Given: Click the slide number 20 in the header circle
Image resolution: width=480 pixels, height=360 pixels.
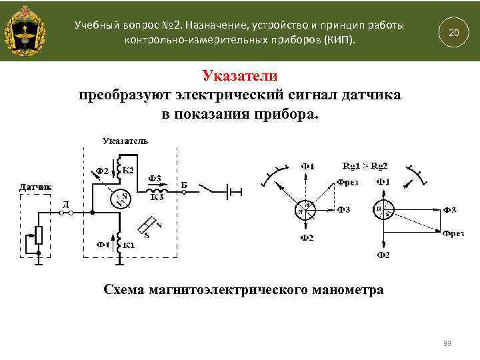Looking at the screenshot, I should tap(453, 33).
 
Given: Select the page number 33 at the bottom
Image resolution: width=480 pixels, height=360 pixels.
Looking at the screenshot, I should tap(447, 343).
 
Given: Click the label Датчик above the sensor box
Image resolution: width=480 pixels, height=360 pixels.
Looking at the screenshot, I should tap(35, 187).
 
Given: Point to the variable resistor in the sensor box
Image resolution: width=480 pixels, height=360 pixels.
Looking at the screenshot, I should tap(38, 235).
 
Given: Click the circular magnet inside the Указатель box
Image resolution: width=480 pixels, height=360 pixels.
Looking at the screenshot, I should tap(119, 198).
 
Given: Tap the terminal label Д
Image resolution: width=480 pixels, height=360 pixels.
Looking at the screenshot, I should tap(65, 203).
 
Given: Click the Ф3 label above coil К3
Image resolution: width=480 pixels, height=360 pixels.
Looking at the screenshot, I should tap(155, 177).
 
